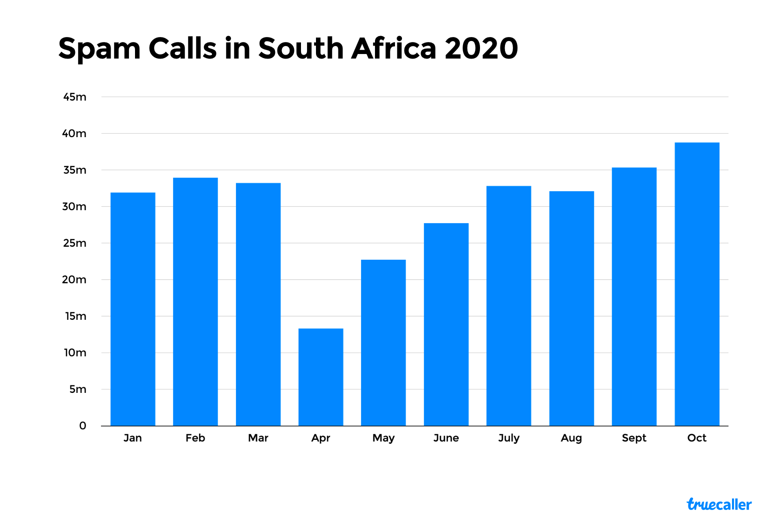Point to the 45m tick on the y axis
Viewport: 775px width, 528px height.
point(75,97)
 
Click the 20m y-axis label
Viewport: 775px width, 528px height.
point(74,280)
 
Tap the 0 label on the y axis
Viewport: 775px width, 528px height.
point(82,426)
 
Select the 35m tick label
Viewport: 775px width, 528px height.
point(75,170)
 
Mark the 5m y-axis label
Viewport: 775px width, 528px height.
point(78,389)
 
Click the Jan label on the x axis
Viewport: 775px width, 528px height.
point(132,438)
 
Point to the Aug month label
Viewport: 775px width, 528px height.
point(571,438)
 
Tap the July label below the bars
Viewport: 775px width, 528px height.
point(508,438)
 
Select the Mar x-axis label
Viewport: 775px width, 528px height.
point(258,438)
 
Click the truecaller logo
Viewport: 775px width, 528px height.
point(719,504)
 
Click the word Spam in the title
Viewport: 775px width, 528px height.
point(99,49)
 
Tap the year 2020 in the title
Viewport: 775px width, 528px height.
point(481,49)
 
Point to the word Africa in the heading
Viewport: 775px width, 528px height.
point(393,49)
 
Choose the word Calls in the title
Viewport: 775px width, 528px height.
point(182,49)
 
